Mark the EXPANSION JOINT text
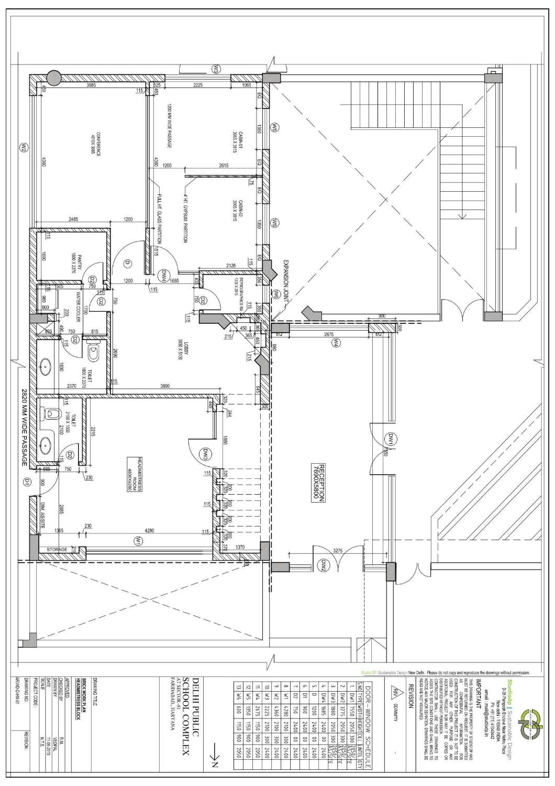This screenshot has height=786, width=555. coord(286,281)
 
